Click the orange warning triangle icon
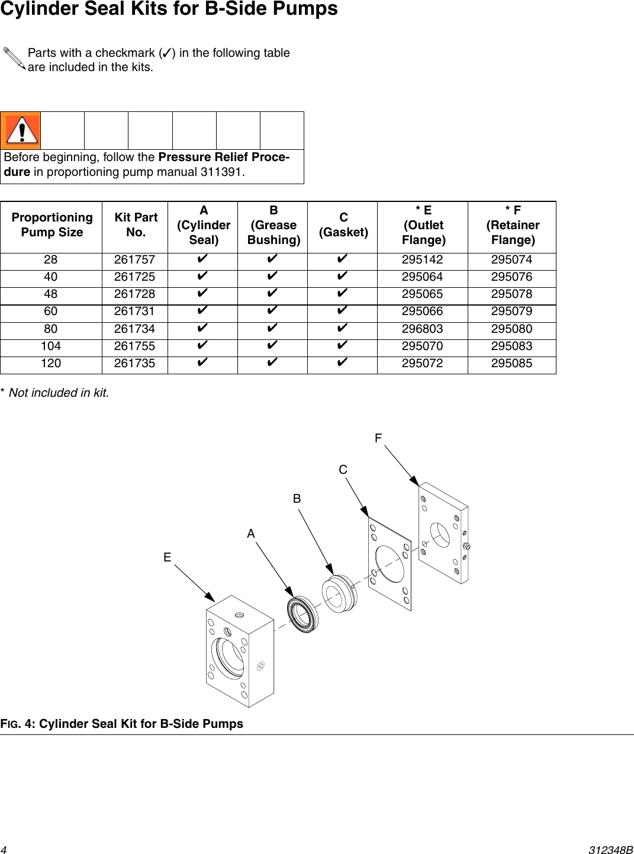pos(21,130)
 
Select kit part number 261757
pos(134,260)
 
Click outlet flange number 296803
pos(422,329)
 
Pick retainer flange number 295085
pos(511,364)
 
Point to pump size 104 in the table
pos(51,346)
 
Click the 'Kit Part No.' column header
pos(136,225)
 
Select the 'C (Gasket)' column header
pos(343,225)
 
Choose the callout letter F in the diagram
pos(378,439)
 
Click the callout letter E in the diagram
pos(168,558)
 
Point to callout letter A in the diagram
pos(251,534)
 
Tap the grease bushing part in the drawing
pos(339,594)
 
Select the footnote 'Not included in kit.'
pos(58,393)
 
